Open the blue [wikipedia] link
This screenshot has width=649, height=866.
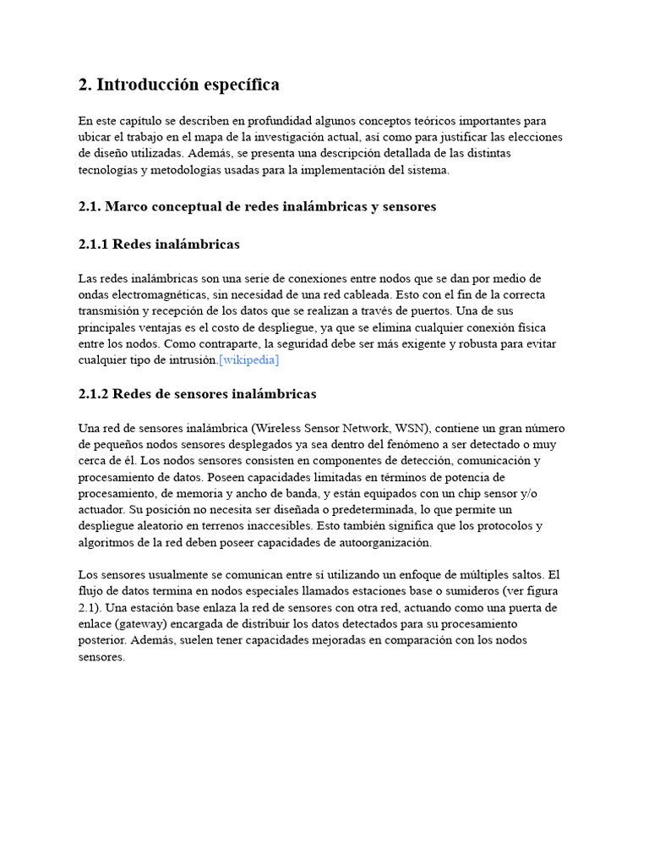(x=248, y=360)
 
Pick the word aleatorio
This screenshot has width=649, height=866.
(x=159, y=526)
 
